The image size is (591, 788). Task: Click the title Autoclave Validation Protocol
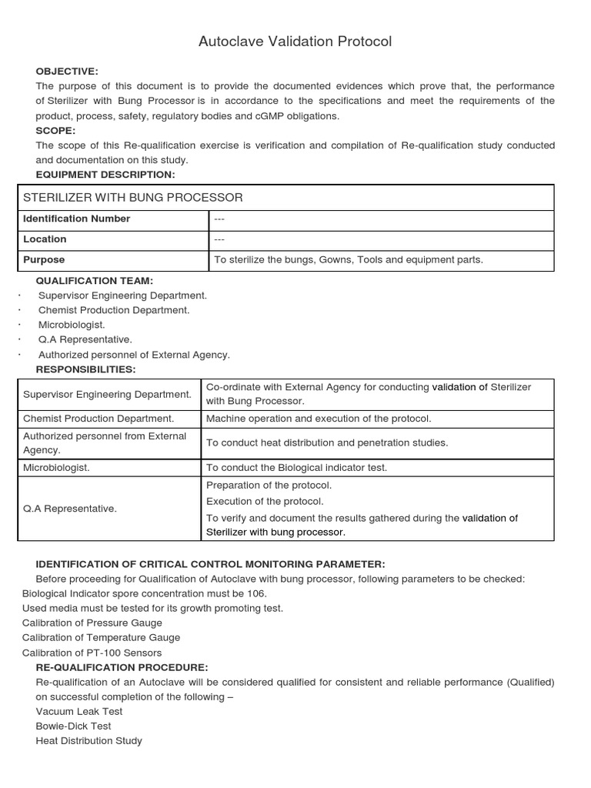(295, 42)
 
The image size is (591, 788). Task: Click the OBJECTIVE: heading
(67, 72)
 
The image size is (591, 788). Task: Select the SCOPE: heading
(55, 131)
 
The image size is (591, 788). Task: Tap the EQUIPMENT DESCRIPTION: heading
(105, 175)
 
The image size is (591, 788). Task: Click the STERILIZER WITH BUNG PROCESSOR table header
(132, 198)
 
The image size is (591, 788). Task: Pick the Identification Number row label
(77, 219)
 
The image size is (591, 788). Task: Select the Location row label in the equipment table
(45, 239)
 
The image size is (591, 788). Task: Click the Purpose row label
(44, 260)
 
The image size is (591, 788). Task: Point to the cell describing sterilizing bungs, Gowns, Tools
(349, 260)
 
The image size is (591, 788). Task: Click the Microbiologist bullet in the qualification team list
(72, 325)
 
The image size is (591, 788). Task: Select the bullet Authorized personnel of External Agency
(134, 355)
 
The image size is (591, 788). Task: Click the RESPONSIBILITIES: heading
(85, 369)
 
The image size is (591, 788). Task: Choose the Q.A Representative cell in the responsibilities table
(70, 509)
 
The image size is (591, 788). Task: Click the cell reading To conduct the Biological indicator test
(296, 468)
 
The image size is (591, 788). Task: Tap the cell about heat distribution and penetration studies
(326, 443)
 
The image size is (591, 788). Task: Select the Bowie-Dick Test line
(73, 726)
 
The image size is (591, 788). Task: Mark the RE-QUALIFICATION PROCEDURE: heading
(122, 667)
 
